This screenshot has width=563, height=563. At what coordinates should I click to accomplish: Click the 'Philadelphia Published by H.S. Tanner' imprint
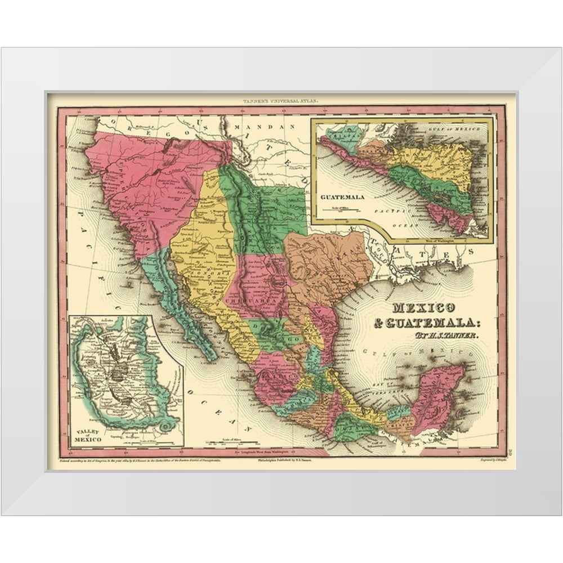(x=292, y=460)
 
